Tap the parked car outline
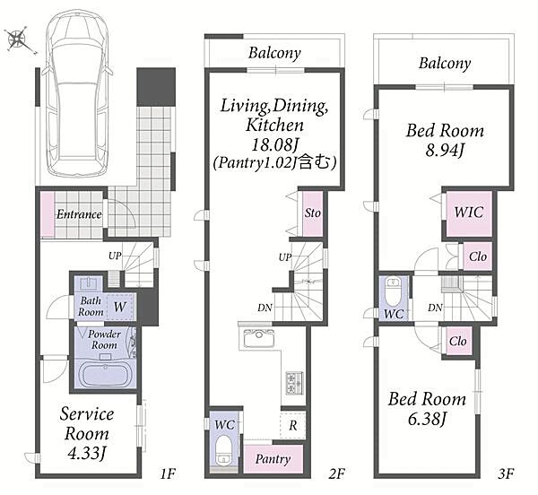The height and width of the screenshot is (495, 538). (78, 92)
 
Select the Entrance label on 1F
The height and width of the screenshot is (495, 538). (79, 214)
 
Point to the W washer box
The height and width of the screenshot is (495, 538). (120, 307)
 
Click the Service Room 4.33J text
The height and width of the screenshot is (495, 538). (86, 434)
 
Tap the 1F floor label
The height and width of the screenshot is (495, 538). (168, 473)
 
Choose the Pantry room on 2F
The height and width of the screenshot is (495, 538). (273, 459)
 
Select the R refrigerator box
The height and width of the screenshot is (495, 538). (292, 425)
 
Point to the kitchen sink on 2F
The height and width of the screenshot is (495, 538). (258, 338)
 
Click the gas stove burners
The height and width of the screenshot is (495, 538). (295, 383)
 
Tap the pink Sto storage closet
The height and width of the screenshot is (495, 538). (313, 213)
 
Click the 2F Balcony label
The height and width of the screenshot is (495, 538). (274, 53)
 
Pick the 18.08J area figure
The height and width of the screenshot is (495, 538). (274, 144)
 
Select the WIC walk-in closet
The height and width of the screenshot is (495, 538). (469, 213)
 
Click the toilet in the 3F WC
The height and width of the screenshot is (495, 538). (394, 291)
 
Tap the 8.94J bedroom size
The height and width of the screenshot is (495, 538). (445, 150)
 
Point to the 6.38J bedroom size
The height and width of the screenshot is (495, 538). (427, 419)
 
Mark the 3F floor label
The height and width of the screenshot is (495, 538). (506, 473)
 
